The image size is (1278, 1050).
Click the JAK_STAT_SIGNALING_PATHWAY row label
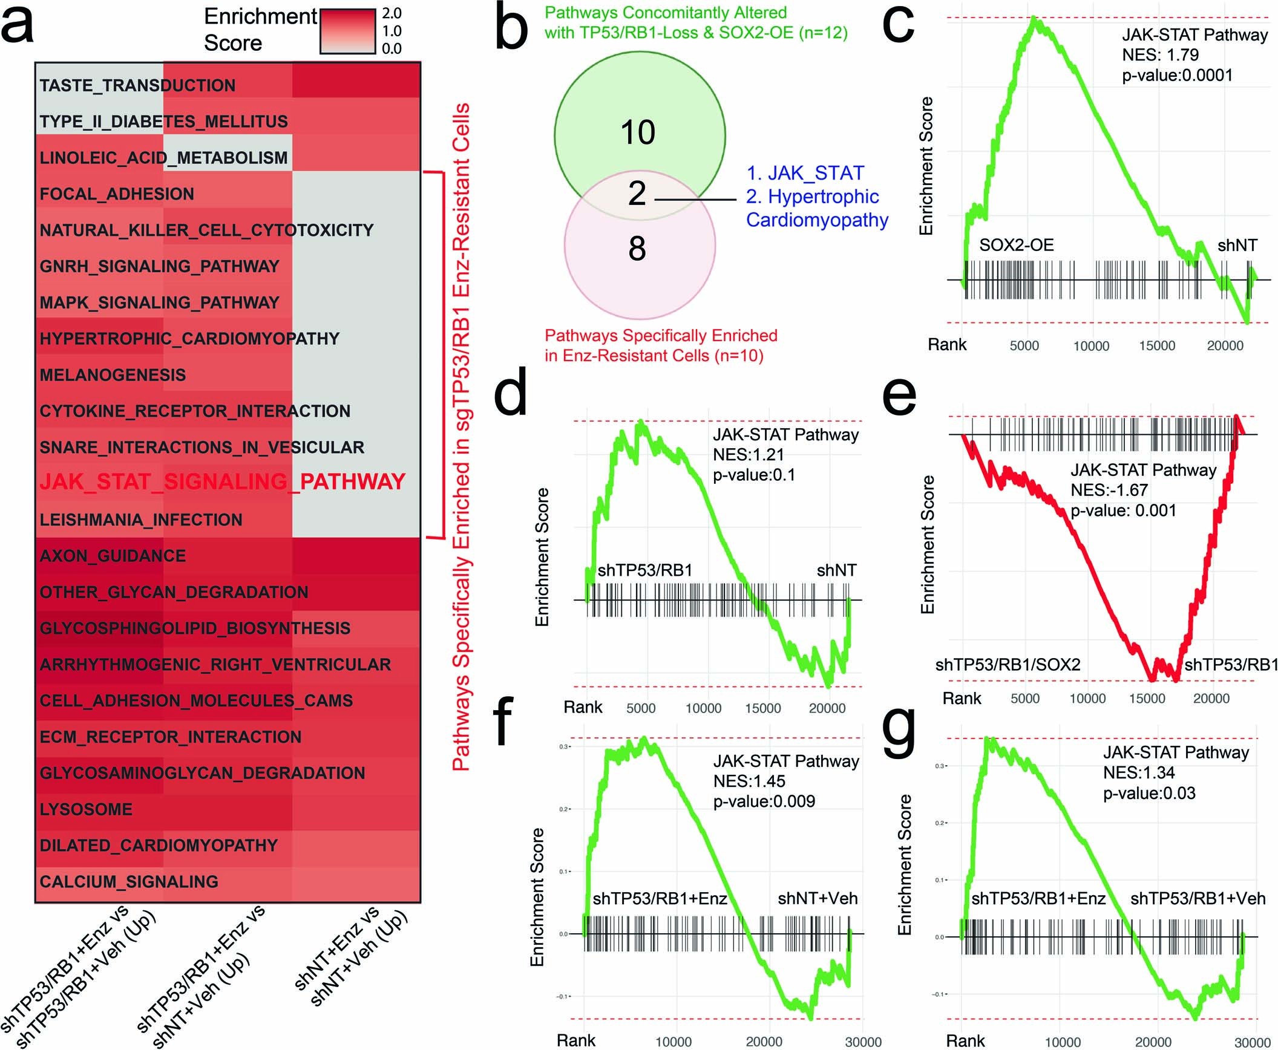click(222, 482)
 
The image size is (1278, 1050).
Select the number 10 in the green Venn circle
click(638, 132)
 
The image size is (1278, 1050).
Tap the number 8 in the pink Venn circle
click(637, 249)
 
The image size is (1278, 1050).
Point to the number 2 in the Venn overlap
click(637, 194)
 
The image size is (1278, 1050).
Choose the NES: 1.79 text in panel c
click(1160, 55)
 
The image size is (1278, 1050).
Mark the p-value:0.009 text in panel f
click(764, 801)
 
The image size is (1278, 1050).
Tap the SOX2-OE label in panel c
click(1016, 245)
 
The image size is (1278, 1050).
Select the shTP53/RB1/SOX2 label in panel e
click(1008, 665)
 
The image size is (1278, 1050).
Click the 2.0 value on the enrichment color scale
click(392, 13)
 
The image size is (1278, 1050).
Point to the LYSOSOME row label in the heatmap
click(86, 809)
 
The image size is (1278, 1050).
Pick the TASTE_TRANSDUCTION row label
click(137, 85)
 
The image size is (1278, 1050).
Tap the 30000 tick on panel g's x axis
click(1251, 1043)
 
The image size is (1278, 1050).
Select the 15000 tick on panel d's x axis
click(762, 708)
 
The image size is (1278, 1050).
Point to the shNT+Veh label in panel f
click(818, 898)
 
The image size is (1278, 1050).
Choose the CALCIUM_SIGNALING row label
click(129, 882)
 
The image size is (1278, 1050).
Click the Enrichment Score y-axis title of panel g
click(905, 865)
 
